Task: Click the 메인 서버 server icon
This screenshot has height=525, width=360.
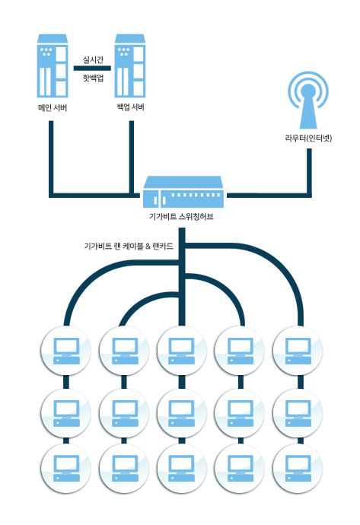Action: pos(53,65)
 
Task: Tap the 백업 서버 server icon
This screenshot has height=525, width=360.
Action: pos(130,65)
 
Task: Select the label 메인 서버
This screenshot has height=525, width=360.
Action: pos(53,108)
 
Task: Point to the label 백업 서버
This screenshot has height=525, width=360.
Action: pos(131,107)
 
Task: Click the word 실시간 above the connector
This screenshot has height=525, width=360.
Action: pos(93,60)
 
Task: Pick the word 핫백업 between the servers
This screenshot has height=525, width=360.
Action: pos(93,78)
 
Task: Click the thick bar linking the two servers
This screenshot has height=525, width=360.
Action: pos(92,68)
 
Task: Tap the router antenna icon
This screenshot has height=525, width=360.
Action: pos(308,100)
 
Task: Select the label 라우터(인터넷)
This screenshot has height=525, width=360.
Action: pos(308,138)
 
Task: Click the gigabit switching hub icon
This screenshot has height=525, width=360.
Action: pos(183,192)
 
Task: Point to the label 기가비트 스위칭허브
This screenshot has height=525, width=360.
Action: pos(181,217)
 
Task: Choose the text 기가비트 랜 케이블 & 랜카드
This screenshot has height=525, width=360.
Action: pos(129,247)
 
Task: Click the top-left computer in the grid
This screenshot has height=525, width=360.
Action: pos(66,351)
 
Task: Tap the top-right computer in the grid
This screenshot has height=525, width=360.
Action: pos(298,351)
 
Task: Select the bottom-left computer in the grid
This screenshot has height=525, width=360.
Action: pos(66,468)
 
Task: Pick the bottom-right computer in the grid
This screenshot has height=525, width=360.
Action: pos(298,468)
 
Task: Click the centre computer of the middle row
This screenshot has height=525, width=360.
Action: pos(182,413)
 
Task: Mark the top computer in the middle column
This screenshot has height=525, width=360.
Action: pos(182,351)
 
